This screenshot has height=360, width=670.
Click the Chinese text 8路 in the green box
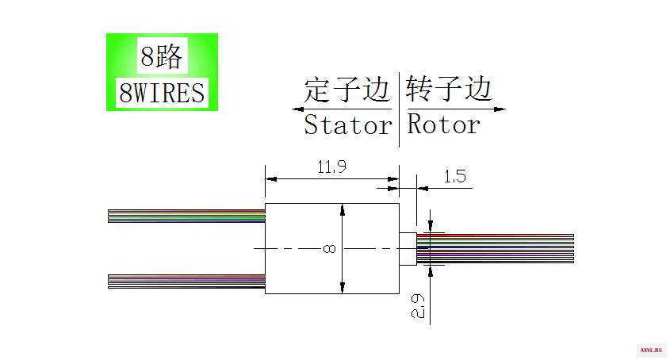pos(162,56)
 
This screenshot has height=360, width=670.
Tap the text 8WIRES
pos(162,93)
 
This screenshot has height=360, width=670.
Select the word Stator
pos(347,125)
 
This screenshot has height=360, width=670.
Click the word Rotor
pos(443,124)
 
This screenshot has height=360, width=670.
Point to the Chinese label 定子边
pos(346,90)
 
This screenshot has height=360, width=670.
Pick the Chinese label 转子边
pos(449,89)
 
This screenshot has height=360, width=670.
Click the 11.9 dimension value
pos(331,167)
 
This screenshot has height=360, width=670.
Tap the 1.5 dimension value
pos(454,176)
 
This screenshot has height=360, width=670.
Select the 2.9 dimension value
pos(418,306)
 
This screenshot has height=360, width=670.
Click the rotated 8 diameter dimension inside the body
pos(329,248)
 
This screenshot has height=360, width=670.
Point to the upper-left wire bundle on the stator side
pos(186,216)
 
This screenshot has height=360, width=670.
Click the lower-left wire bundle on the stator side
pos(186,281)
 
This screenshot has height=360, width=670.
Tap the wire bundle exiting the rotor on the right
pos(496,248)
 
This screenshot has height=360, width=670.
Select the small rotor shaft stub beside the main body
pos(408,249)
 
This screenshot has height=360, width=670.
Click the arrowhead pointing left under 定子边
pos(298,109)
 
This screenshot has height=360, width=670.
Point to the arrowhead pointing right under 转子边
pos(500,109)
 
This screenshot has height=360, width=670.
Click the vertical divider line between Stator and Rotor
pos(399,109)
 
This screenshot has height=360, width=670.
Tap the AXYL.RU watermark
pos(651,350)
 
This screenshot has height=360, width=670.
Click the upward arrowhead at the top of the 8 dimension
pos(343,209)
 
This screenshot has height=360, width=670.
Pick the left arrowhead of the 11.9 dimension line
pos(271,178)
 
